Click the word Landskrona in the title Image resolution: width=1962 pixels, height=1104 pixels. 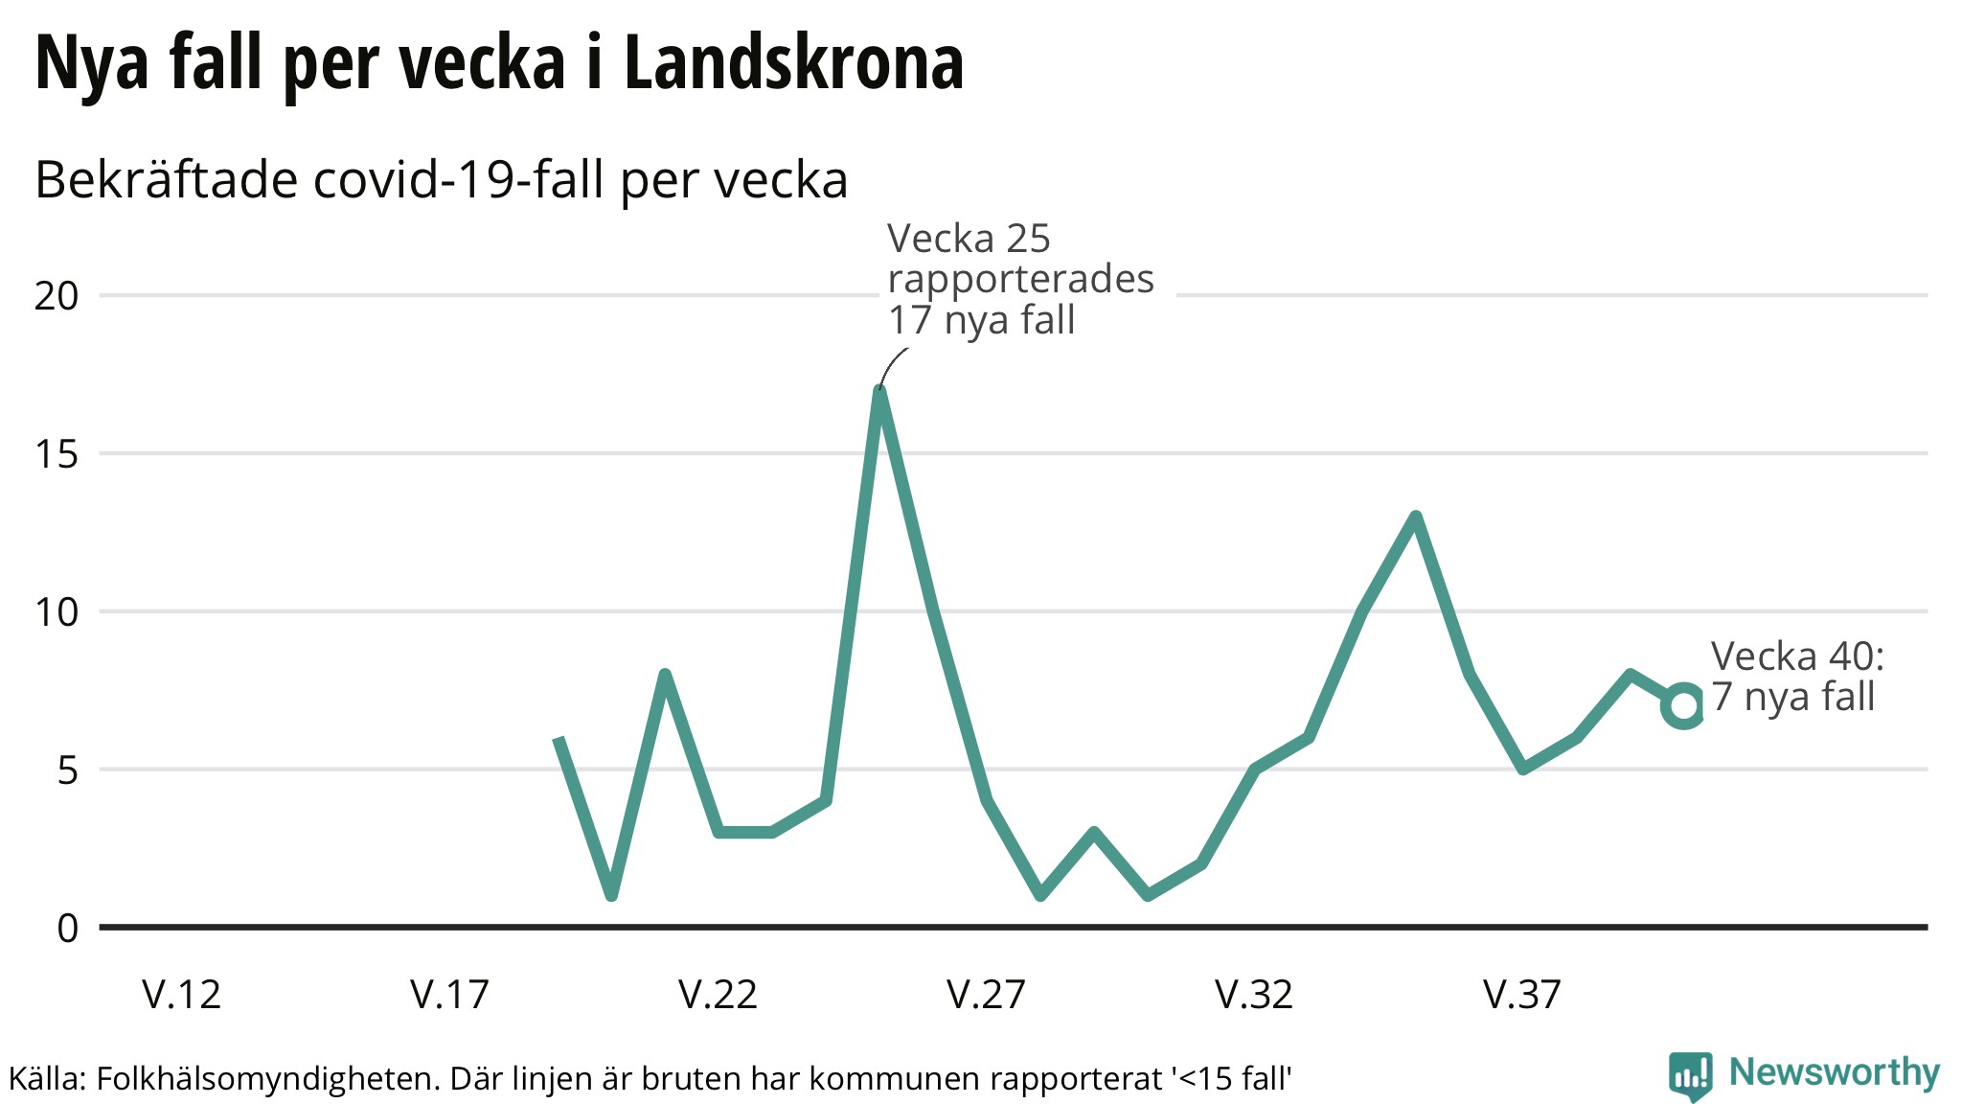pyautogui.click(x=793, y=63)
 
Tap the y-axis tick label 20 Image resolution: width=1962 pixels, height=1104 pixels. pyautogui.click(x=57, y=296)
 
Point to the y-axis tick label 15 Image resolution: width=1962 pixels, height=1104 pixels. pyautogui.click(x=57, y=454)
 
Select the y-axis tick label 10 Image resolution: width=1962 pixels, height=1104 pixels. pyautogui.click(x=57, y=612)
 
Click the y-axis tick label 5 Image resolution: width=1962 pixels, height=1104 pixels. pyautogui.click(x=67, y=770)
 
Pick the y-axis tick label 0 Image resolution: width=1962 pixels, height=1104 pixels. pyautogui.click(x=67, y=929)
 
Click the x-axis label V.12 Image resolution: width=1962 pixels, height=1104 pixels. pyautogui.click(x=182, y=995)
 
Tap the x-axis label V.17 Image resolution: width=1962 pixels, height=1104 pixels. pyautogui.click(x=450, y=995)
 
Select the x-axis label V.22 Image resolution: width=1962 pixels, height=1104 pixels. pyautogui.click(x=719, y=995)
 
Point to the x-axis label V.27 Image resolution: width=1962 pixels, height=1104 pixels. pyautogui.click(x=987, y=995)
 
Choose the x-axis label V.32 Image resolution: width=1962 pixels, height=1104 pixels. pyautogui.click(x=1255, y=995)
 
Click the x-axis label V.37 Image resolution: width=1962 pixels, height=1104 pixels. pyautogui.click(x=1523, y=995)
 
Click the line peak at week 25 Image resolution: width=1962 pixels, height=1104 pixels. pyautogui.click(x=879, y=390)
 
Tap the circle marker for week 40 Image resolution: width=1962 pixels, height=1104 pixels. pyautogui.click(x=1683, y=706)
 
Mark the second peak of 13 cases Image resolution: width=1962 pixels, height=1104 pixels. pyautogui.click(x=1415, y=517)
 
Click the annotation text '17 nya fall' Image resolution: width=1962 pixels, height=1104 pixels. pyautogui.click(x=981, y=320)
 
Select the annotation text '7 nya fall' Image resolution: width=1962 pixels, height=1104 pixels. pyautogui.click(x=1792, y=697)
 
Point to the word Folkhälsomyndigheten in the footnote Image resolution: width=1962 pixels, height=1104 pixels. pyautogui.click(x=265, y=1079)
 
